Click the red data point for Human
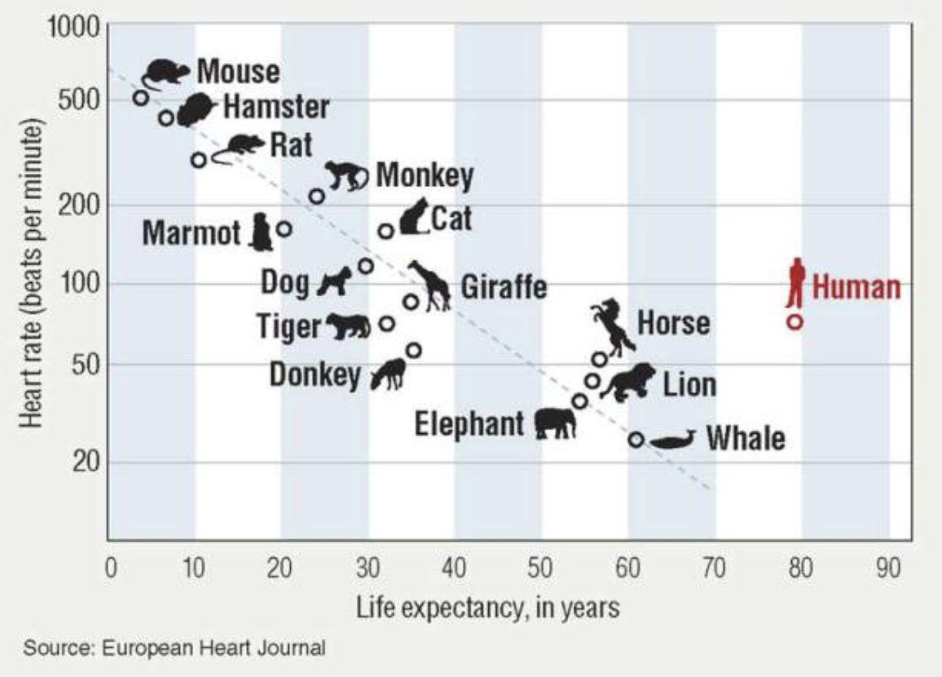795,322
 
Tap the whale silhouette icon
673,441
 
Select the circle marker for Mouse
140,98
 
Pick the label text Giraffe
504,287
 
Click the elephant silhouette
555,423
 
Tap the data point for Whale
636,440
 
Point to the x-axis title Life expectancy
486,608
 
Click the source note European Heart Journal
174,649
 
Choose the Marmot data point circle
284,229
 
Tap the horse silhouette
613,326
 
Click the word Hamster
275,107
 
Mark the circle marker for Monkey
317,197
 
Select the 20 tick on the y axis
80,462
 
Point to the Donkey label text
315,375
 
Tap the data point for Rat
199,160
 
